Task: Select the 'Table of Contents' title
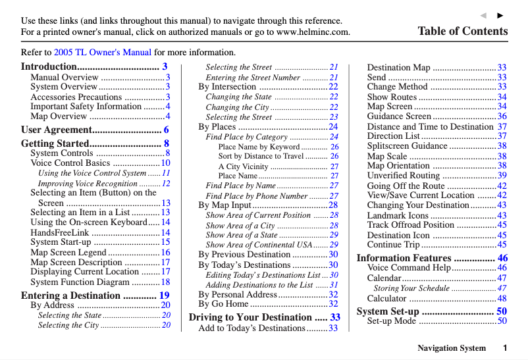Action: [x=462, y=31]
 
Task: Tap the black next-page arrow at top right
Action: [x=500, y=15]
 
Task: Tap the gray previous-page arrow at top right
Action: [x=483, y=15]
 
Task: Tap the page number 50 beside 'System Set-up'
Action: [x=502, y=311]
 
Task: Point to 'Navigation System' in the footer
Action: [x=452, y=348]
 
